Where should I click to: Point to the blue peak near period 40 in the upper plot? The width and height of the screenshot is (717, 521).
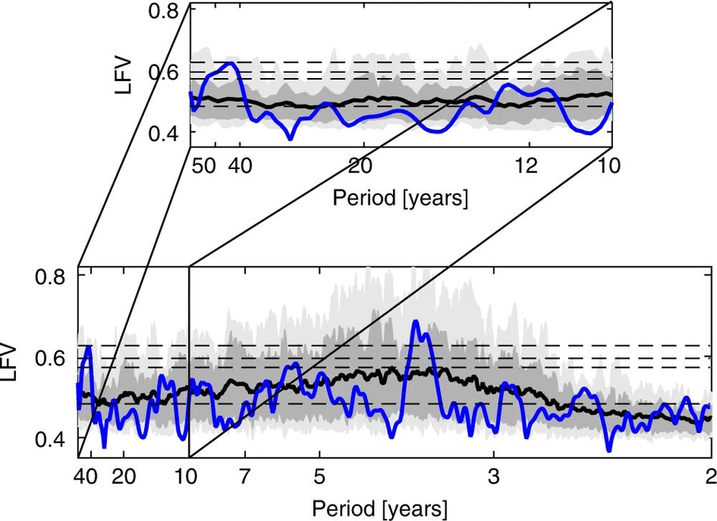coord(229,64)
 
